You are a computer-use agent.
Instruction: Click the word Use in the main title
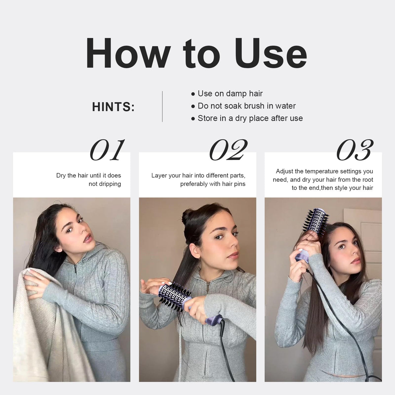click(x=270, y=53)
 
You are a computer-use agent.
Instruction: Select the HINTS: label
click(x=113, y=107)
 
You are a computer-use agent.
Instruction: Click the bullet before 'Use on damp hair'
click(x=193, y=94)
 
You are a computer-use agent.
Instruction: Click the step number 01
click(x=107, y=150)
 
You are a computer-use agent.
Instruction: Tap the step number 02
click(x=228, y=150)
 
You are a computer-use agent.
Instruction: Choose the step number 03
click(x=355, y=150)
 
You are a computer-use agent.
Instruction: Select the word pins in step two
click(x=240, y=184)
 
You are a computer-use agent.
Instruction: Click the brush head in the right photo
click(x=316, y=223)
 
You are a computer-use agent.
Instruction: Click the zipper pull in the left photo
click(x=75, y=269)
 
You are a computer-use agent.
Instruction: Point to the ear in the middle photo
click(x=195, y=251)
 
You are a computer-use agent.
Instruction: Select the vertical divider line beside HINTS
click(x=162, y=107)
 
